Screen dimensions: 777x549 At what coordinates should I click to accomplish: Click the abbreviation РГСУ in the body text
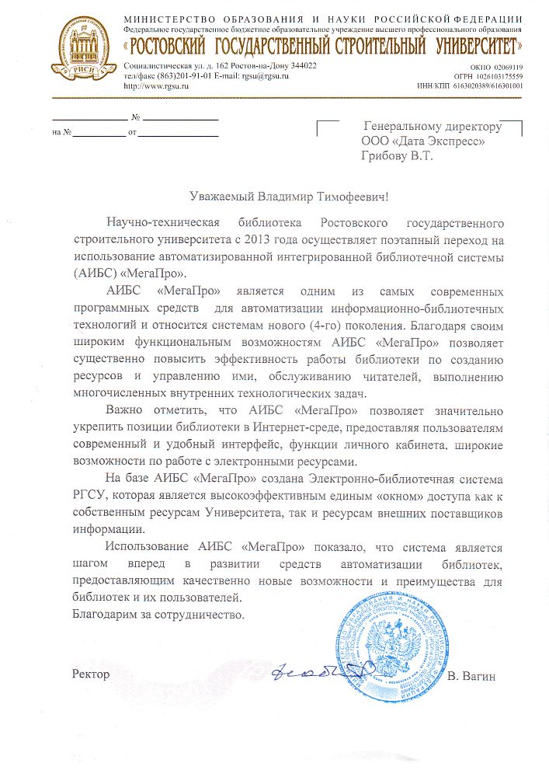click(91, 494)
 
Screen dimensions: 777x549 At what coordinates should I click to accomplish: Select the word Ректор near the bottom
click(91, 673)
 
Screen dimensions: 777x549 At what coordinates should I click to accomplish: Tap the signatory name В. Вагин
click(471, 676)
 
